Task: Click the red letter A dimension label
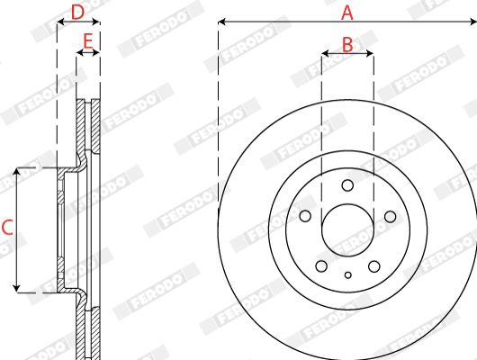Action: (347, 13)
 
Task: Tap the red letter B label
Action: (347, 44)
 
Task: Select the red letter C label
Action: (7, 228)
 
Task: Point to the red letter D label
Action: (77, 13)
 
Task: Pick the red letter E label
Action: (88, 41)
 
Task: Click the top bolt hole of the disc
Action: (347, 185)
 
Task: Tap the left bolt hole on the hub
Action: (305, 216)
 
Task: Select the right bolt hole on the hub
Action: (390, 217)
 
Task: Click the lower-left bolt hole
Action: (321, 266)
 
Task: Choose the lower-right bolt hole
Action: (373, 266)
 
